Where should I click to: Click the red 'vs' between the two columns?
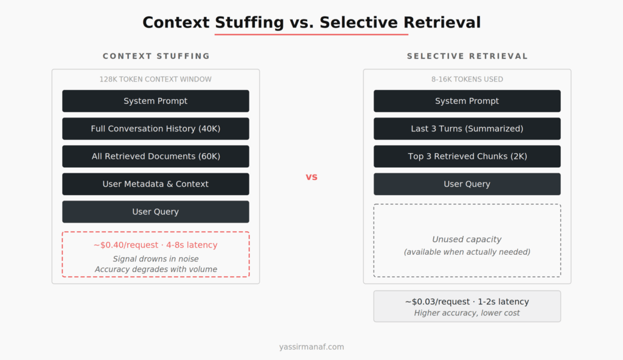pos(311,177)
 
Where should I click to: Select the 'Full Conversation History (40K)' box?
pos(156,129)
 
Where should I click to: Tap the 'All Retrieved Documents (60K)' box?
pos(156,156)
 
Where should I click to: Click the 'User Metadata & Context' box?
pos(156,184)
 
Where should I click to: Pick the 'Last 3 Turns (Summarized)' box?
pos(467,129)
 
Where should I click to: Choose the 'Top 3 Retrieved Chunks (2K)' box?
pos(467,156)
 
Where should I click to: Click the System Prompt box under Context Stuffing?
pos(156,101)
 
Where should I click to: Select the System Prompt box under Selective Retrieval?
pos(467,101)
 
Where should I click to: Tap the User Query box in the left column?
pos(156,212)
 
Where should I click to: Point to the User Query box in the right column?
pos(467,184)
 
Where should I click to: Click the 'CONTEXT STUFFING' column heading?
pos(156,56)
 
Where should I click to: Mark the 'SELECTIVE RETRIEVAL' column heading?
pos(467,56)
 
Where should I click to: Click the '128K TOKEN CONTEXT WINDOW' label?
pos(156,79)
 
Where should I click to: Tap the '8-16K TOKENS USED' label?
pos(467,79)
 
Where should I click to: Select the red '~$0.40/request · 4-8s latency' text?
pos(156,245)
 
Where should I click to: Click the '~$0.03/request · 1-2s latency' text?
pos(467,302)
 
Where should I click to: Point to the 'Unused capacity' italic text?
pos(467,240)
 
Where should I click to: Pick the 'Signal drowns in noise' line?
pos(156,259)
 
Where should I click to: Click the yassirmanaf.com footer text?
pos(311,347)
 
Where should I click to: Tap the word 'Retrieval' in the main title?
pos(441,22)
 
